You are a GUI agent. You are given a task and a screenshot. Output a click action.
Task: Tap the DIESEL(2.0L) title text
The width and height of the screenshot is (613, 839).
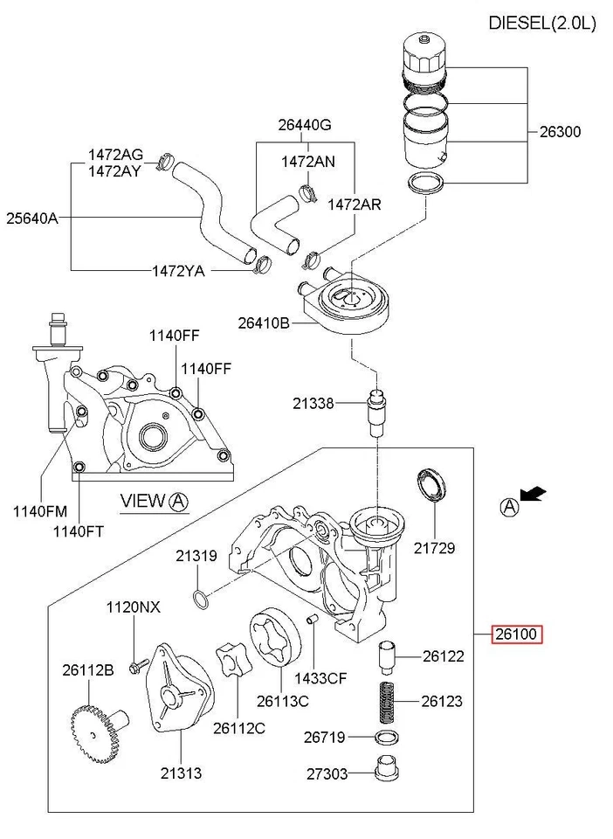pos(541,24)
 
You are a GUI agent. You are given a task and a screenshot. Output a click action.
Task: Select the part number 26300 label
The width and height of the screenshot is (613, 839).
pos(560,132)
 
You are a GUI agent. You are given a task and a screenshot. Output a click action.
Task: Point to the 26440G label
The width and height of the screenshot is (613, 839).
pos(305,125)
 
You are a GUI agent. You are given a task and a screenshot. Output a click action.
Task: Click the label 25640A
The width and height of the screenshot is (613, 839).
pos(31,218)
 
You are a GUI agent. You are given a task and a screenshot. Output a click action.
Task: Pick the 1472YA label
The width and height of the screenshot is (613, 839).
pos(178,271)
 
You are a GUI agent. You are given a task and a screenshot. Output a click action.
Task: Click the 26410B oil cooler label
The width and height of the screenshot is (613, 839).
pos(263,322)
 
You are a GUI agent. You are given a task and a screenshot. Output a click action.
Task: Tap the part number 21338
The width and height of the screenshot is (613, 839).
pos(313,403)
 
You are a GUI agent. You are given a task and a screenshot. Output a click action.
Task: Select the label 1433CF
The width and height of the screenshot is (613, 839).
pos(320,677)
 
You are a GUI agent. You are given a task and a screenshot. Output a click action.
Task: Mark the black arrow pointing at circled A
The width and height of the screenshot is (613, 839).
pos(534,495)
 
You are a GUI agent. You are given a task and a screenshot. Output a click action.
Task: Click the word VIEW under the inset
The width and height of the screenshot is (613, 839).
pos(142,501)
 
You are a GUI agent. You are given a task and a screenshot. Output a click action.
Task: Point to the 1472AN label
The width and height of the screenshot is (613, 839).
pos(307,162)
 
